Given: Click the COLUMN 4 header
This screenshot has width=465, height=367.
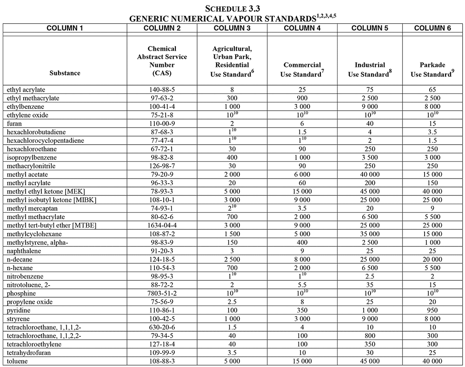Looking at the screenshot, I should tap(302, 28).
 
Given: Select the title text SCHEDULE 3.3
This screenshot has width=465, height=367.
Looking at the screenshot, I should tap(232, 8).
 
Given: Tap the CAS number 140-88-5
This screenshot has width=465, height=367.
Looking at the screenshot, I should tap(162, 89).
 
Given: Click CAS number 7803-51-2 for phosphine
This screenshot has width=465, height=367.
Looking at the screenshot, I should tap(162, 293).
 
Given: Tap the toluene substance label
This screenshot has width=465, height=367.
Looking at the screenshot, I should tap(17, 360).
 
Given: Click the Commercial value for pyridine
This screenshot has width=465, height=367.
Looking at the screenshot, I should tap(302, 310).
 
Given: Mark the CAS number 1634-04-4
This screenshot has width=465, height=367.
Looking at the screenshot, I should tap(162, 225).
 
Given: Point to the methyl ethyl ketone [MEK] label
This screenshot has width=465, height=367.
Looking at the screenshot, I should tap(42, 191).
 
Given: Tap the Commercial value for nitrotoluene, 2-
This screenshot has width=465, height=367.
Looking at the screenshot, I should tap(302, 284).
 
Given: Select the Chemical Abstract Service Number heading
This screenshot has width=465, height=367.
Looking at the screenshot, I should tap(162, 60).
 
